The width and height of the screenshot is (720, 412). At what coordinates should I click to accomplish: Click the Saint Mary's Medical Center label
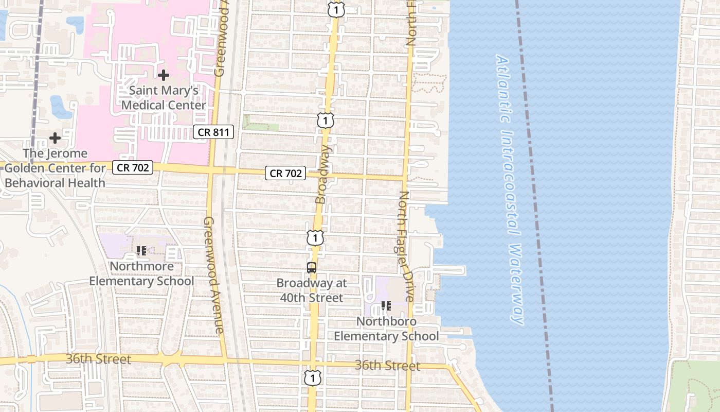tap(164, 98)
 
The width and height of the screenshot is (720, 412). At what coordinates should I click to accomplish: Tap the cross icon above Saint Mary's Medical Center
tap(164, 75)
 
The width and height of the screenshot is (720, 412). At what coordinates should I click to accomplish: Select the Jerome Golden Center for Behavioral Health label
tap(55, 168)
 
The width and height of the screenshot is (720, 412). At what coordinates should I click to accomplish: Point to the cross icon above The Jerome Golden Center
tap(55, 138)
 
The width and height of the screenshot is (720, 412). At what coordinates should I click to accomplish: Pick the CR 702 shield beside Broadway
tap(286, 174)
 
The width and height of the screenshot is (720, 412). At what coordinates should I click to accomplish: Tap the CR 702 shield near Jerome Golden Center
tap(133, 167)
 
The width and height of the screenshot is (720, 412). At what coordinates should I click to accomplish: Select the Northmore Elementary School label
tap(141, 273)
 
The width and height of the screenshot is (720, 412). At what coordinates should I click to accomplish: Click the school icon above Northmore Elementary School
tap(141, 251)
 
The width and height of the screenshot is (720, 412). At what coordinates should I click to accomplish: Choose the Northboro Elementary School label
tap(386, 329)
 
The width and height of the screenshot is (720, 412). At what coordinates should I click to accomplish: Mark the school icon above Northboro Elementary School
tap(386, 306)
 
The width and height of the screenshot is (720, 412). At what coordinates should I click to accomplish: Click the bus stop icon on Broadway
tap(312, 268)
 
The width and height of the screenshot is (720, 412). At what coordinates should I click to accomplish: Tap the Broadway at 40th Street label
tap(312, 290)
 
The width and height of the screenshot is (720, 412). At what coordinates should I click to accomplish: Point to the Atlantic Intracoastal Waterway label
tap(509, 190)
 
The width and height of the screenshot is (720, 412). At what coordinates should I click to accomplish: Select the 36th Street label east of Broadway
tap(387, 366)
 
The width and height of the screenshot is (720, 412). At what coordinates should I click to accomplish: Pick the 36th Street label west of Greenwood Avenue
tap(98, 359)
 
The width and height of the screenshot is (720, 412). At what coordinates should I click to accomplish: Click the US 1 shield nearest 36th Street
tap(312, 377)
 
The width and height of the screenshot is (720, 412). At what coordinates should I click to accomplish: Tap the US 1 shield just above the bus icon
tap(315, 238)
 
